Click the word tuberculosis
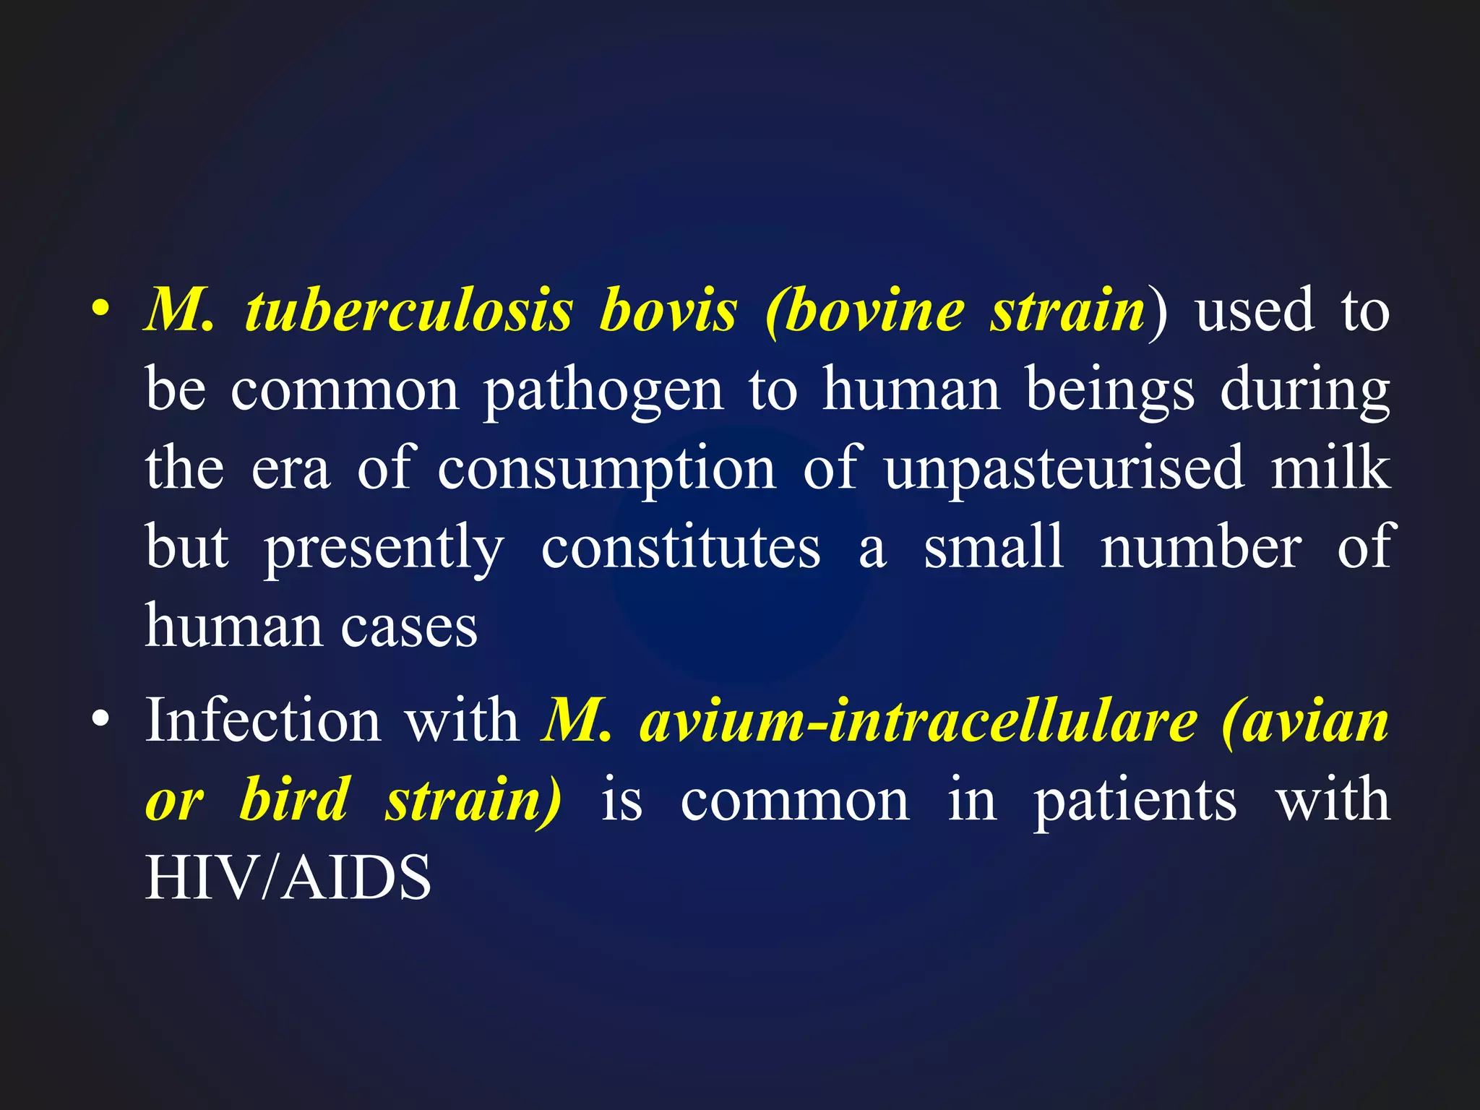(409, 311)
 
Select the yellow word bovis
(668, 311)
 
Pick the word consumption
(606, 470)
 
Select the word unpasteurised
(1064, 470)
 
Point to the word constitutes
(681, 548)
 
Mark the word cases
(409, 626)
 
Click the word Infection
(263, 720)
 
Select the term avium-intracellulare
(918, 721)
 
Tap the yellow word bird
(294, 799)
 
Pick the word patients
(1135, 801)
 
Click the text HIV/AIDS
(288, 877)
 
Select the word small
(993, 546)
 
